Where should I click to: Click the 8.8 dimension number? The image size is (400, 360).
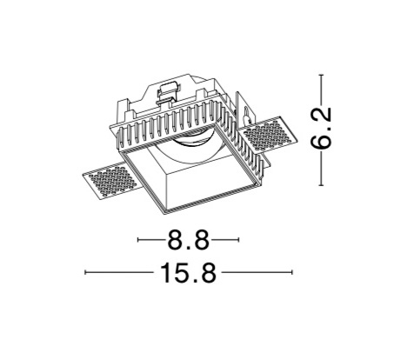[189, 239]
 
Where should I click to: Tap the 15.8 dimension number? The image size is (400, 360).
[189, 272]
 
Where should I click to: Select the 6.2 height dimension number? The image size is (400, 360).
[321, 128]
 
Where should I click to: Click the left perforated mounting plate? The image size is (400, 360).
[110, 181]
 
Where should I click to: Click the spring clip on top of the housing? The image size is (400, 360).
[168, 92]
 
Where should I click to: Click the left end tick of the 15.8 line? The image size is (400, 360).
[85, 272]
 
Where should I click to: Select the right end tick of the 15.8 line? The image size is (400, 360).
[292, 272]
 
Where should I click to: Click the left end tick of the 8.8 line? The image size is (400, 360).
[138, 239]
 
